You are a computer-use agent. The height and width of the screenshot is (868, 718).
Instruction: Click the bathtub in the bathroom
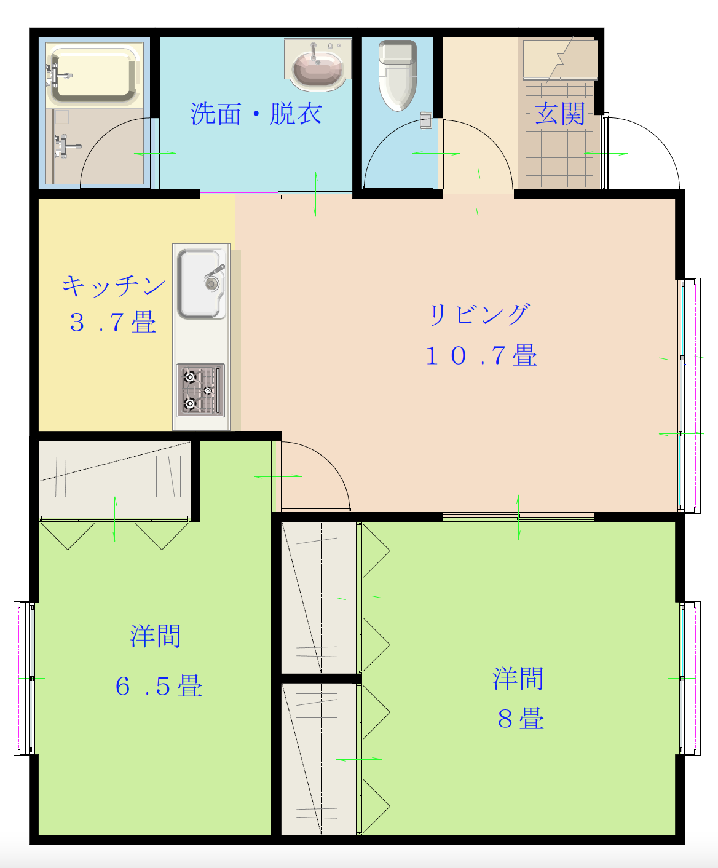(93, 74)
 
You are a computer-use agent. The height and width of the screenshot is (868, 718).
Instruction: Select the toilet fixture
(398, 75)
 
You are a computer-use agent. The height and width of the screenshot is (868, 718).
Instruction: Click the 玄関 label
(559, 114)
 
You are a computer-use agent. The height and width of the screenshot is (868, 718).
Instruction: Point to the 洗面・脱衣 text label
(256, 114)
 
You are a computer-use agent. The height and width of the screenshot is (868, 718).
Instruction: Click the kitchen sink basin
(201, 284)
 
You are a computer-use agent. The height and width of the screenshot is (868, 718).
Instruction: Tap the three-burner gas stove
(201, 390)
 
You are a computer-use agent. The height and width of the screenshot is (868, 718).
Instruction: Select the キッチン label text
(114, 286)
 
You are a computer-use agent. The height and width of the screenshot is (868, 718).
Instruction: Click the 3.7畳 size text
(112, 322)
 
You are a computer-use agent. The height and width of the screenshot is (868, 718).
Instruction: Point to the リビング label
(479, 315)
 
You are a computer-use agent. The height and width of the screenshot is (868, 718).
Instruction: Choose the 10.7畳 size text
(481, 355)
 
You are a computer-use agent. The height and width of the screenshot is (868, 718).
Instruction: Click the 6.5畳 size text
(159, 686)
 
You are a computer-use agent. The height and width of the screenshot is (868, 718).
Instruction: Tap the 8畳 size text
(521, 719)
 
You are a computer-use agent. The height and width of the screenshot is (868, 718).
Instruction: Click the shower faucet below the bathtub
(66, 146)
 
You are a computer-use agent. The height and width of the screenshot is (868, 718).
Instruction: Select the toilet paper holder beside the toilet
(426, 120)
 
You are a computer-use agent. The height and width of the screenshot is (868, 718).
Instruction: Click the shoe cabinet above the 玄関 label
(560, 60)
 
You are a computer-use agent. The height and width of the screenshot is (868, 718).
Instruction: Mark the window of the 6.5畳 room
(24, 679)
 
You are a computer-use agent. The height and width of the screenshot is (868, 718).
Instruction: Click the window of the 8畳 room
(690, 679)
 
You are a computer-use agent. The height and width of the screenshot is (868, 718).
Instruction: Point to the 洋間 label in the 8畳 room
(518, 679)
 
